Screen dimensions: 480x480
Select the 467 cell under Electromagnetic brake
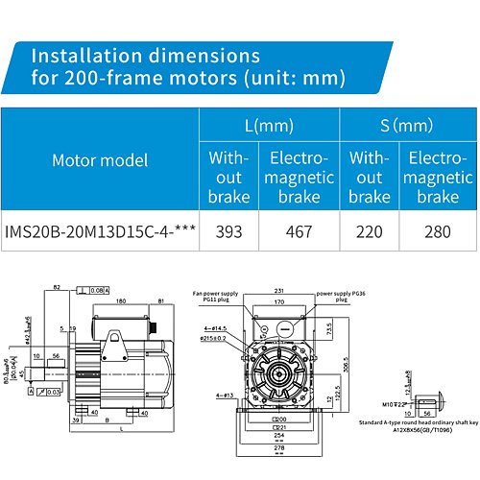point(301,231)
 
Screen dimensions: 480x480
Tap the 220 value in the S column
point(370,231)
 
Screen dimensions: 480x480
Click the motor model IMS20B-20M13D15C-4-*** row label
point(101,231)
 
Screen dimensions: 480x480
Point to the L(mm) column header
point(268,126)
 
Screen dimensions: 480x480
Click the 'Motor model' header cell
point(100,158)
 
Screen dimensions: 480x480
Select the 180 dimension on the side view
point(121,300)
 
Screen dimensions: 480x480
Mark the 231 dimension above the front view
point(279,291)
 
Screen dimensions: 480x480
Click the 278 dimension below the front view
point(279,447)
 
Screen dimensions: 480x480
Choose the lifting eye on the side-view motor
point(156,328)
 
